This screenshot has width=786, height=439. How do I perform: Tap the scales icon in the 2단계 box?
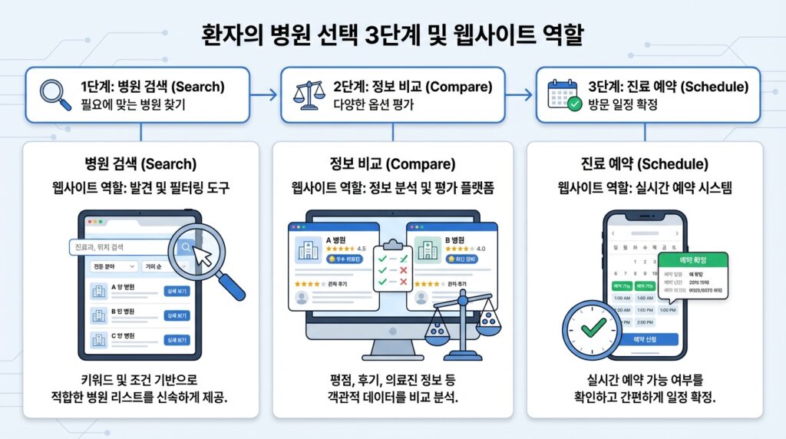tap(309, 95)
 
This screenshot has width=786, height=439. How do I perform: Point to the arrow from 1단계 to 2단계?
tap(266, 95)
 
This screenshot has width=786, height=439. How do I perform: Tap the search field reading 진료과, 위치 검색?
tap(123, 247)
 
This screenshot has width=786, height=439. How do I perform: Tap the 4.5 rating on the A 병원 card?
tap(362, 249)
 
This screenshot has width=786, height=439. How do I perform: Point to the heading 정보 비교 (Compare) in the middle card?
tap(392, 164)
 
